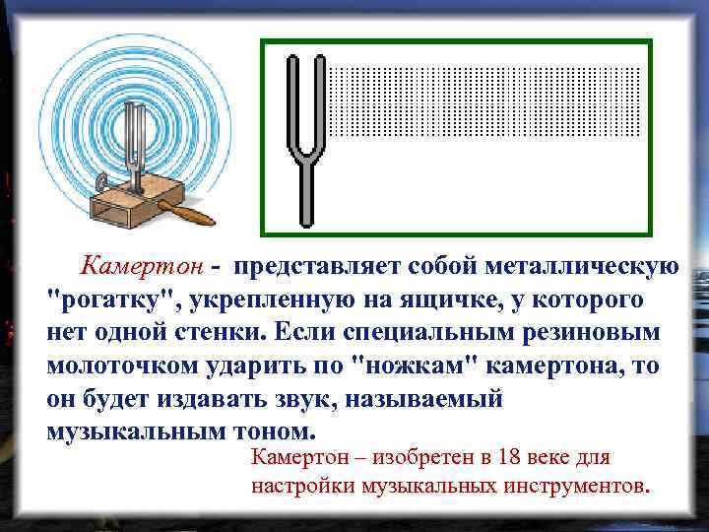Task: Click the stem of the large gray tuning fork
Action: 306,193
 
